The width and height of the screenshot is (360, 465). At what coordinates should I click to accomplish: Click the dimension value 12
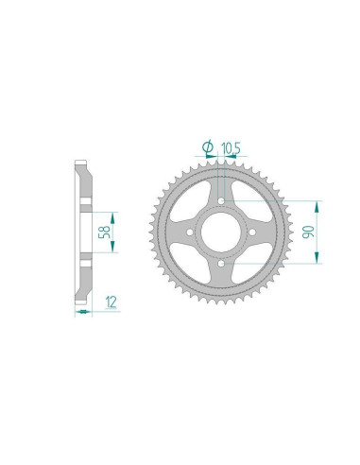(x=111, y=302)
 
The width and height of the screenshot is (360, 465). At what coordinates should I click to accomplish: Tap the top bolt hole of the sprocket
(x=220, y=201)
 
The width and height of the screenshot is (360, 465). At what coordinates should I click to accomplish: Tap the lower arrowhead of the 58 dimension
(x=111, y=250)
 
